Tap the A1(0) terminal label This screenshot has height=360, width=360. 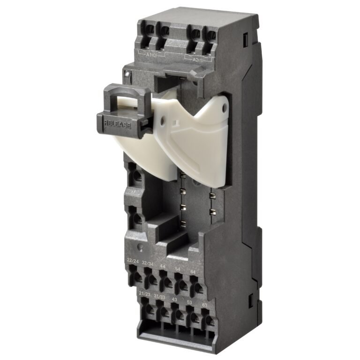[152, 55]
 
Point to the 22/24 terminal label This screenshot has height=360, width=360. [133, 260]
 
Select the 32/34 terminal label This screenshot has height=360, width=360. [148, 264]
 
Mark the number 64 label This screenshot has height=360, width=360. [193, 272]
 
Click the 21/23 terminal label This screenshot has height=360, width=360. [144, 294]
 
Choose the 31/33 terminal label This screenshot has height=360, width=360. [159, 297]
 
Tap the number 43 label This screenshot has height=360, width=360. [174, 300]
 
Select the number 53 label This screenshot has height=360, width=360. [189, 302]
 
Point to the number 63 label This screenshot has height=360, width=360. [204, 305]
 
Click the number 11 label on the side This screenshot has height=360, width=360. [134, 193]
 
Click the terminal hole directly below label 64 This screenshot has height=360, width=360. [197, 287]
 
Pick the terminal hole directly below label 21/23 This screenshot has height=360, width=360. [149, 309]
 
